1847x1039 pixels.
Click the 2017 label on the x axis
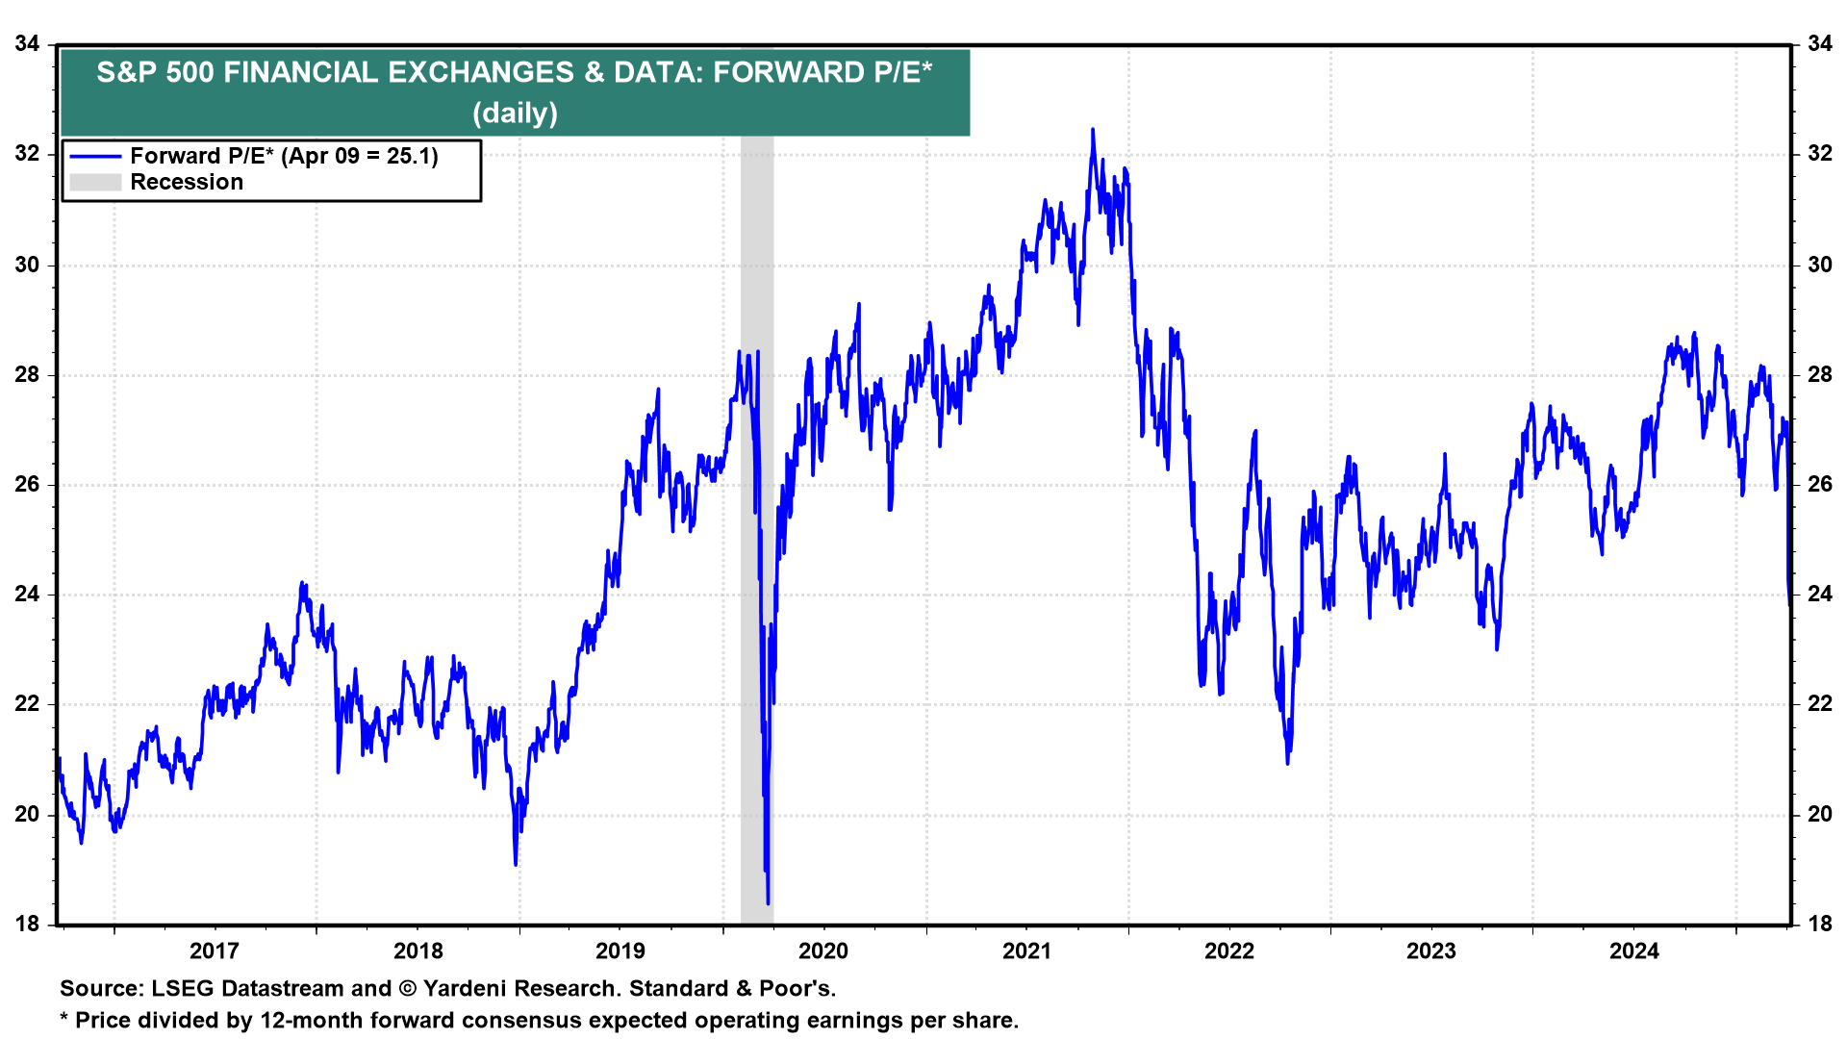214,951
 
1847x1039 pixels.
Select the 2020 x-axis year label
823,951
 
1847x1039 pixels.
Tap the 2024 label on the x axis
1634,951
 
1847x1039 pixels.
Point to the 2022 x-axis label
1229,951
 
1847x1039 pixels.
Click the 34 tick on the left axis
28,44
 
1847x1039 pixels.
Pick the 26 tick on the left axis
28,485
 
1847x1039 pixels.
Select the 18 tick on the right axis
1820,925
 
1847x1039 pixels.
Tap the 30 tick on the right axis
1820,265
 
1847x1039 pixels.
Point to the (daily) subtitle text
516,114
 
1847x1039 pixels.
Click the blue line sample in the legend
95,157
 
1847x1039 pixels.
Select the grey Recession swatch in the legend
95,183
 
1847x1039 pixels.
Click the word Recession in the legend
187,183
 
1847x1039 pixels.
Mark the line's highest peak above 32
1093,129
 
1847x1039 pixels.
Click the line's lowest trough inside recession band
768,903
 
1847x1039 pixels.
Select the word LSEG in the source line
182,989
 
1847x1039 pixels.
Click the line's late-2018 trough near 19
516,864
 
